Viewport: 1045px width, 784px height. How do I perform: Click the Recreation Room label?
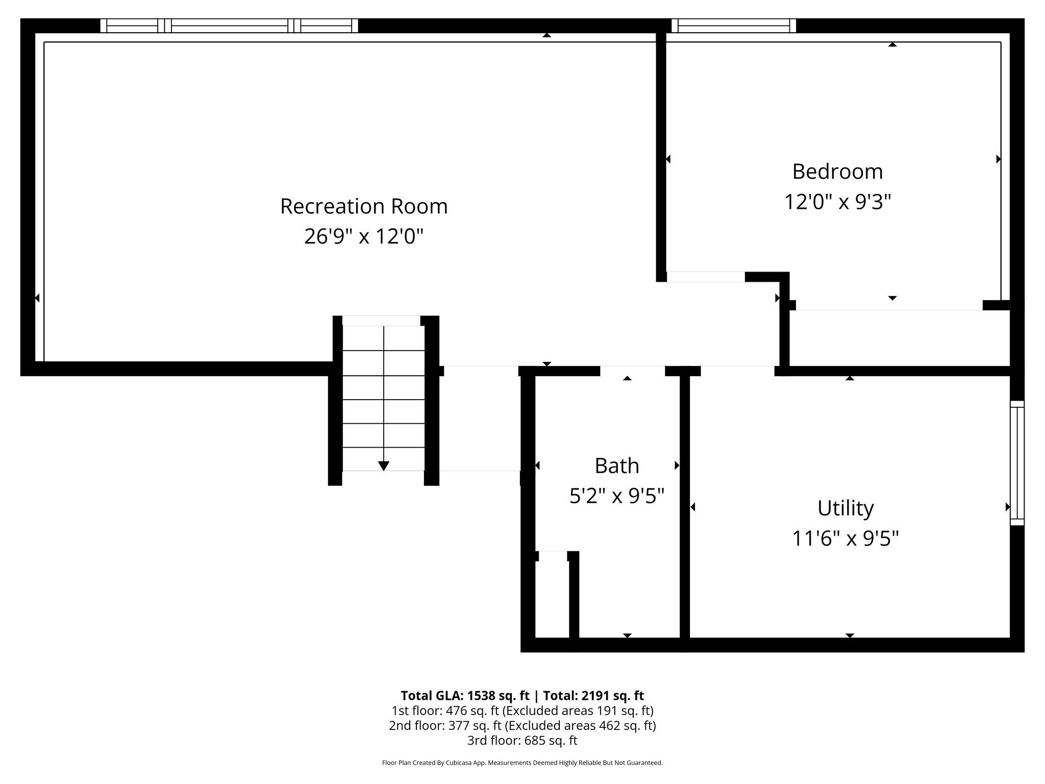click(x=363, y=207)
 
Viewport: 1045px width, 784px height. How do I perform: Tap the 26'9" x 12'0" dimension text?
click(x=363, y=237)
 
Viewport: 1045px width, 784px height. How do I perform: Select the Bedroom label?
click(x=837, y=171)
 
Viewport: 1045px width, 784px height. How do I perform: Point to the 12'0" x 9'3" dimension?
click(x=837, y=202)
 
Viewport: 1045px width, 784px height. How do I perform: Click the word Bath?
click(x=616, y=466)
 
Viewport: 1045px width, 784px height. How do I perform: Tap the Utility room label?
click(x=845, y=508)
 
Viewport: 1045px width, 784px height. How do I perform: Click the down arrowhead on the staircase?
click(x=384, y=465)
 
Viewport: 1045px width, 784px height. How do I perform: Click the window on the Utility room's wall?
click(x=1017, y=462)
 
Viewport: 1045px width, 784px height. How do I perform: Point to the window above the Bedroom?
click(x=733, y=26)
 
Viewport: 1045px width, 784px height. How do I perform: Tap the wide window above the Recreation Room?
click(x=229, y=26)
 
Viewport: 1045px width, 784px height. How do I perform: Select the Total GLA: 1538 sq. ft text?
click(x=466, y=696)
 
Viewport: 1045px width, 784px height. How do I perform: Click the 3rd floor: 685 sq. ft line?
click(x=522, y=740)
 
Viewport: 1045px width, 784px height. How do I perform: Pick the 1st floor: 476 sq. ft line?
click(x=522, y=710)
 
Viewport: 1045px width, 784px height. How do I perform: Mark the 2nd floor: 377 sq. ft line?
click(x=522, y=725)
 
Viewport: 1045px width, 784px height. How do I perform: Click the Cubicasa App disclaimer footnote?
click(x=522, y=763)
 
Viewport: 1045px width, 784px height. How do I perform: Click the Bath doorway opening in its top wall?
click(x=632, y=371)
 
